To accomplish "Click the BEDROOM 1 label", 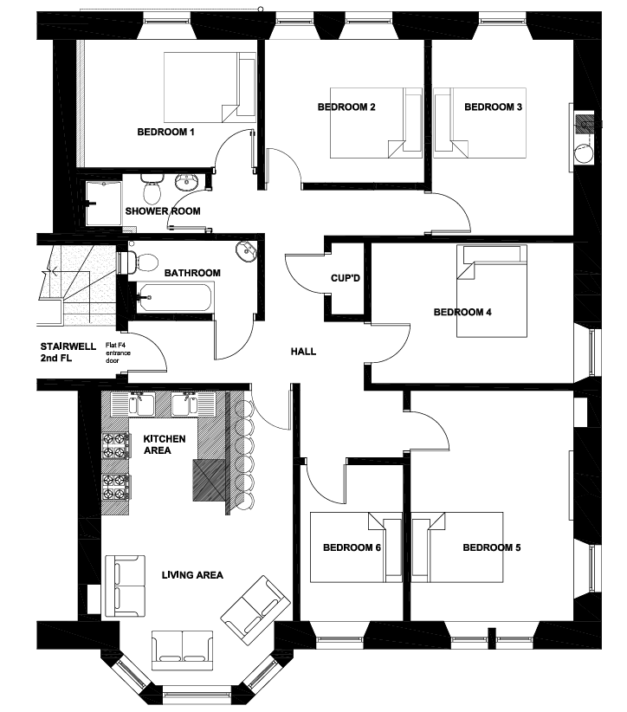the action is click(165, 133).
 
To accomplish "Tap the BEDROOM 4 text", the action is click(462, 312).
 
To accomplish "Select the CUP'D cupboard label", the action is click(346, 278).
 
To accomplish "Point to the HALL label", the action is click(303, 352).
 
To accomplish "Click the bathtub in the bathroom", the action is click(175, 298).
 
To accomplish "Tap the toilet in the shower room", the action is click(152, 189).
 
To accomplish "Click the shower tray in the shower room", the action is click(104, 203).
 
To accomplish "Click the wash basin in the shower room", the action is click(186, 182).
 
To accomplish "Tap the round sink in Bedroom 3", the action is click(584, 153).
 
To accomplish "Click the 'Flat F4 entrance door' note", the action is click(118, 353).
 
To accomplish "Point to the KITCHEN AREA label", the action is click(164, 444).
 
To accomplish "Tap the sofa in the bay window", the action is click(182, 650).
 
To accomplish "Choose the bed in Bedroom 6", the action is click(356, 547).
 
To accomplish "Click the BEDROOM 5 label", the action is click(492, 547).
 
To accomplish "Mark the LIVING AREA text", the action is click(192, 575).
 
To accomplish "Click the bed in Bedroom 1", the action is click(210, 87).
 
